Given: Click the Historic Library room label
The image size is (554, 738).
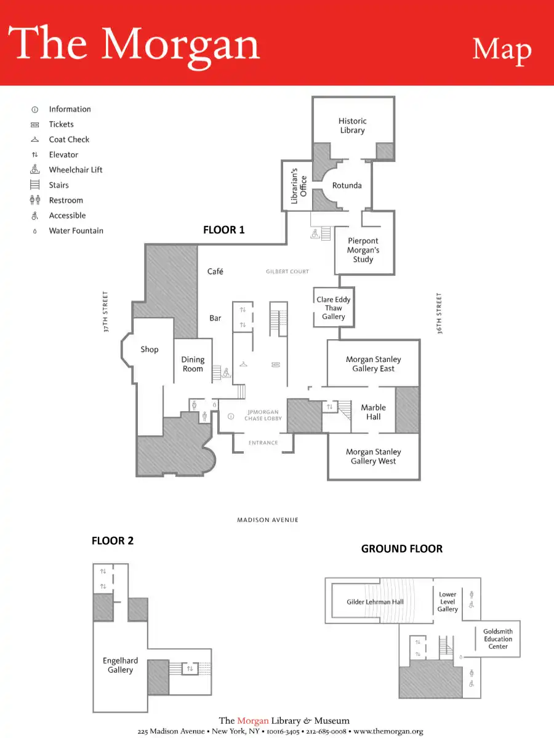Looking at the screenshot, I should pyautogui.click(x=353, y=126).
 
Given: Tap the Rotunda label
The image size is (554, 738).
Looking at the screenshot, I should pyautogui.click(x=347, y=185).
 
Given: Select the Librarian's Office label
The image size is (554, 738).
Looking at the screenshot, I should pyautogui.click(x=299, y=185).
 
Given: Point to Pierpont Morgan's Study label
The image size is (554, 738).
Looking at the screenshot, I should pyautogui.click(x=363, y=250).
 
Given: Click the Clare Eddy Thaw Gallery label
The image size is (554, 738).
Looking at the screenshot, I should pyautogui.click(x=334, y=308).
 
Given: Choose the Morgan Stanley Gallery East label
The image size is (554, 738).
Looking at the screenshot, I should pyautogui.click(x=373, y=364).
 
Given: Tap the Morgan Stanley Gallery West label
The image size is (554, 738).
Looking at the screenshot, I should pyautogui.click(x=373, y=456).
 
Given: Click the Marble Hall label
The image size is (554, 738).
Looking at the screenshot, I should pyautogui.click(x=373, y=412).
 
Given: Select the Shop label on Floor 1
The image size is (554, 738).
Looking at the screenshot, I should pyautogui.click(x=150, y=349).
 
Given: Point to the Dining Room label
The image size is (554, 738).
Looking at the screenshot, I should pyautogui.click(x=193, y=364).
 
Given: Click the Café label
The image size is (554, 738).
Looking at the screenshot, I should pyautogui.click(x=215, y=271).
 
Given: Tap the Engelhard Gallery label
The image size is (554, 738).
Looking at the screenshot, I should pyautogui.click(x=120, y=665).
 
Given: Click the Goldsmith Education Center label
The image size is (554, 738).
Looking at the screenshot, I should pyautogui.click(x=498, y=639).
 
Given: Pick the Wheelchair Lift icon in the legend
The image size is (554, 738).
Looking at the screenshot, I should pyautogui.click(x=35, y=169).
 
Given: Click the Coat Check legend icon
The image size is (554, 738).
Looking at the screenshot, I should pyautogui.click(x=35, y=140).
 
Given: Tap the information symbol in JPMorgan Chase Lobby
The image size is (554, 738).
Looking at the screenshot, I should pyautogui.click(x=231, y=417).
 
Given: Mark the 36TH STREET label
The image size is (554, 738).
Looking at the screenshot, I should pyautogui.click(x=440, y=313).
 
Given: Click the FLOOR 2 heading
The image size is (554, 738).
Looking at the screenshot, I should pyautogui.click(x=113, y=541).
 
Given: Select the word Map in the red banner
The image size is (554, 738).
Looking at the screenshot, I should pyautogui.click(x=502, y=50).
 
